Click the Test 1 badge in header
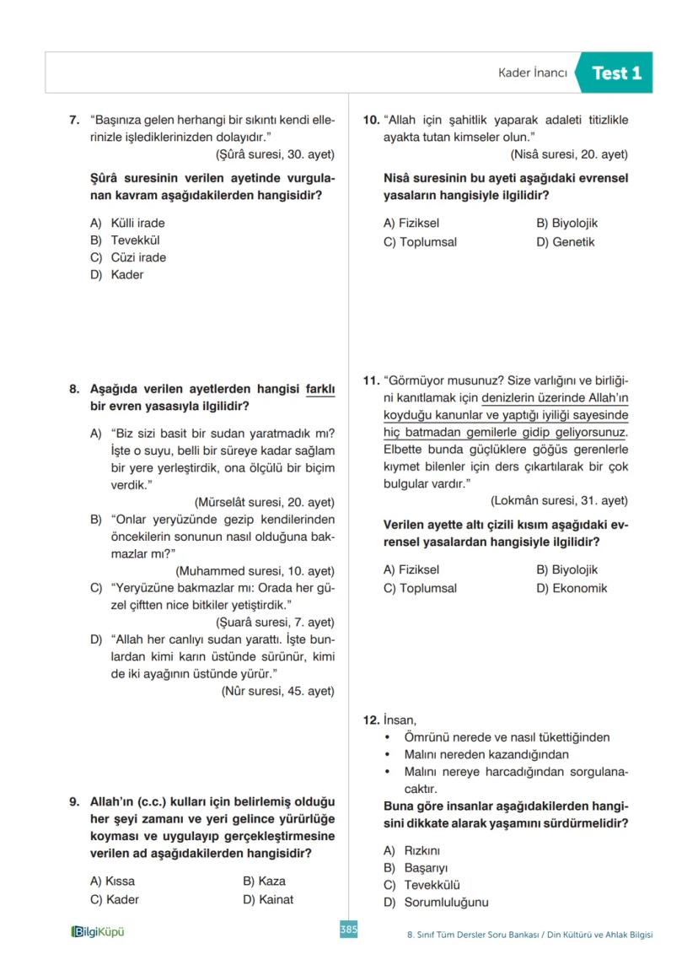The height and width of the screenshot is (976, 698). point(616,73)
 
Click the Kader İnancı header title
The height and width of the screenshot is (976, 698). point(533,73)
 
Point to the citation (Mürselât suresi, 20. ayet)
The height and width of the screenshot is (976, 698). point(264,501)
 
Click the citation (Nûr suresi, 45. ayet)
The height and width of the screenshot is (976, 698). point(277,691)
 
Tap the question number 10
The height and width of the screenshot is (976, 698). point(371,120)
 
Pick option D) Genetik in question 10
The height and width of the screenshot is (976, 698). point(565,242)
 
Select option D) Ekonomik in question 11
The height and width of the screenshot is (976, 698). point(571,588)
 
